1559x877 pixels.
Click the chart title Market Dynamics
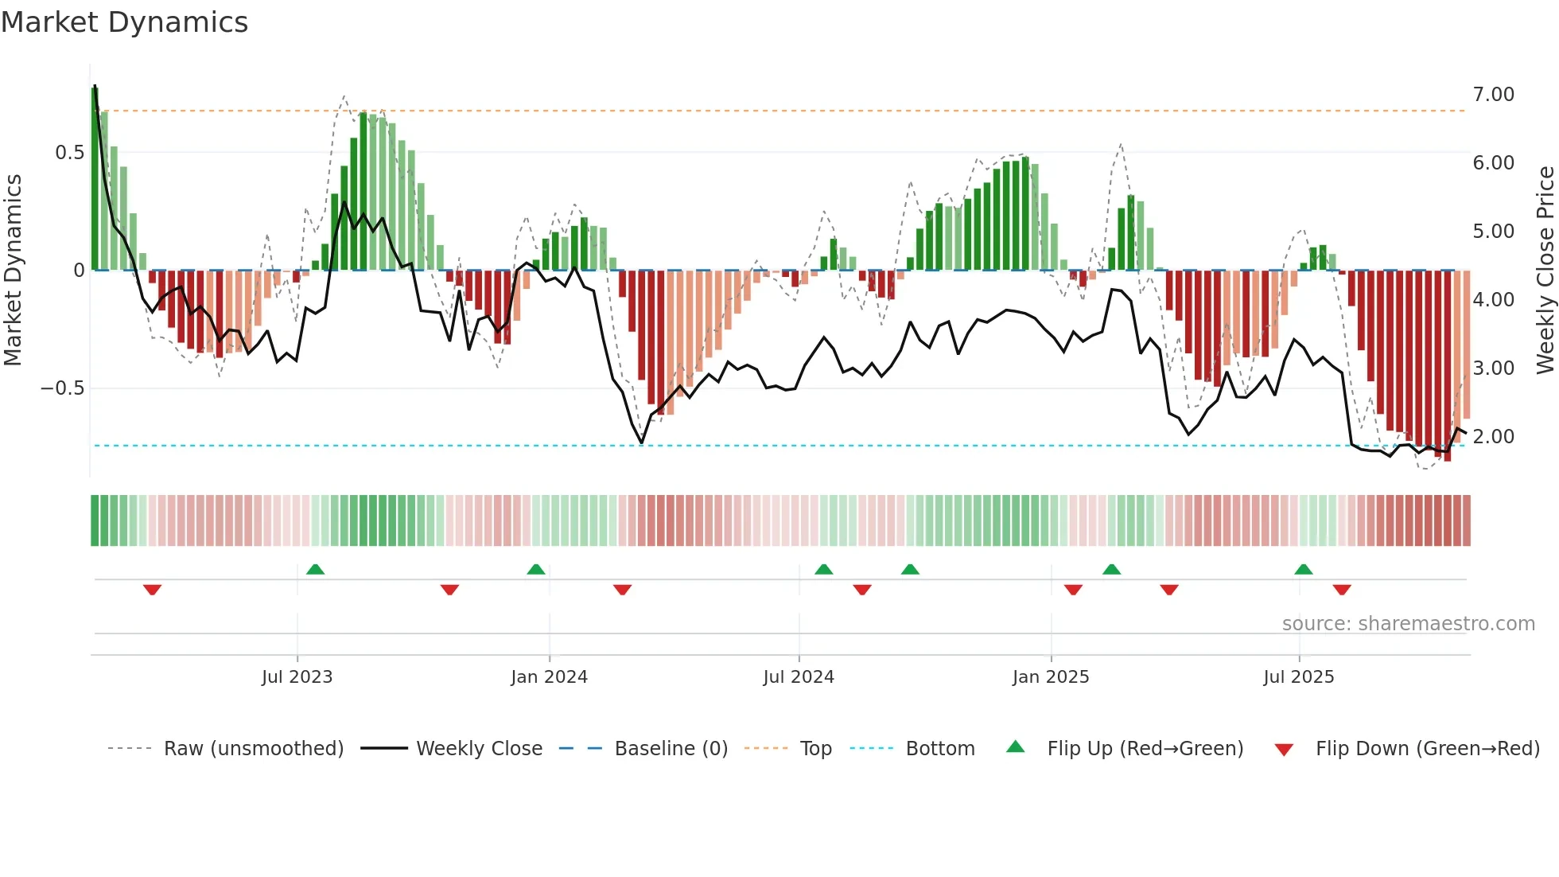pos(125,22)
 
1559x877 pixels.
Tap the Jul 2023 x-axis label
pos(297,677)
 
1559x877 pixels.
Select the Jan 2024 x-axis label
pos(549,677)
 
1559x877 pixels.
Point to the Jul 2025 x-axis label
pos(1298,677)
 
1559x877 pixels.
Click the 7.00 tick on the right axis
pos(1493,95)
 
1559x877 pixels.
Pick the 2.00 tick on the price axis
pos(1493,437)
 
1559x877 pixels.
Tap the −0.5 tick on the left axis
pos(62,388)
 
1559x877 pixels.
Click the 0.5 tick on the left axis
pos(69,153)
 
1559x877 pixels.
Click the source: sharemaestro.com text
pos(1408,624)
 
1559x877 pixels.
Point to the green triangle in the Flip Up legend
pos(1016,746)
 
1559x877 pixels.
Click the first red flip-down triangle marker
pos(153,590)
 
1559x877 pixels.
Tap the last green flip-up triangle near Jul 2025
pos(1303,569)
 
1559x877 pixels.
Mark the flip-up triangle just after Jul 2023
pos(315,569)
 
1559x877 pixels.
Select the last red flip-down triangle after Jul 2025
pos(1342,590)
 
